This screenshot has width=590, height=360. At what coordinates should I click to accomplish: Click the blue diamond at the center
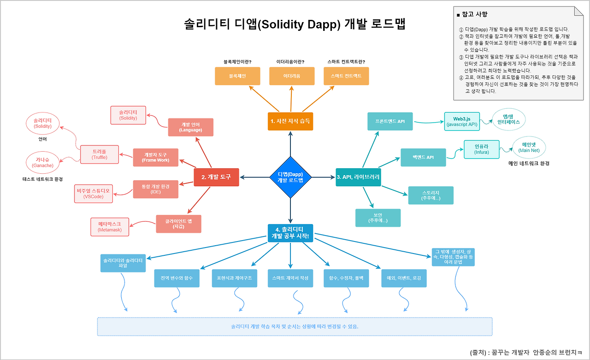coord(290,177)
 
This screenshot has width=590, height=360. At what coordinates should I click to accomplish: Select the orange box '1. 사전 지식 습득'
coord(290,121)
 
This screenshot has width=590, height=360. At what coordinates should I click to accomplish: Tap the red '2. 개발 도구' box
coord(216,177)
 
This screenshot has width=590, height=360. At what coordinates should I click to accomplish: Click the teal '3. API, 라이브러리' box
coord(359,177)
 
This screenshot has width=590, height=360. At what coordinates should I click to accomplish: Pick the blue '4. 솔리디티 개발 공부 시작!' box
coord(290,233)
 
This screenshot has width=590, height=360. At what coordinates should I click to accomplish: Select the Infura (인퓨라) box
coord(482,149)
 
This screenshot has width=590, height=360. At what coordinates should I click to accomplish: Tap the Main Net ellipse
coord(530,148)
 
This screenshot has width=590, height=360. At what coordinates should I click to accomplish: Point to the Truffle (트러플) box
coord(100,154)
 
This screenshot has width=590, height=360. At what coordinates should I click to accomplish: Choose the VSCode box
coord(94,194)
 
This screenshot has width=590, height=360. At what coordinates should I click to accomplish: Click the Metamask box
coord(110,226)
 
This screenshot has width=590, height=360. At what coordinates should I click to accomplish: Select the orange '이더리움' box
coord(292,76)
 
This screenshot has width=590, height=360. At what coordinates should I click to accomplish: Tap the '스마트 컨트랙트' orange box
coord(346,76)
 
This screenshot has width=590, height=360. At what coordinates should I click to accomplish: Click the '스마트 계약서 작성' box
coord(290,278)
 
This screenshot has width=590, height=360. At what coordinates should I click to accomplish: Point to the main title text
coord(295,24)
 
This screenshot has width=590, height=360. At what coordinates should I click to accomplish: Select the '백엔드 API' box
coord(423,157)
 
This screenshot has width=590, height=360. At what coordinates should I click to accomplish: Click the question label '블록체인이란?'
coord(237,61)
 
